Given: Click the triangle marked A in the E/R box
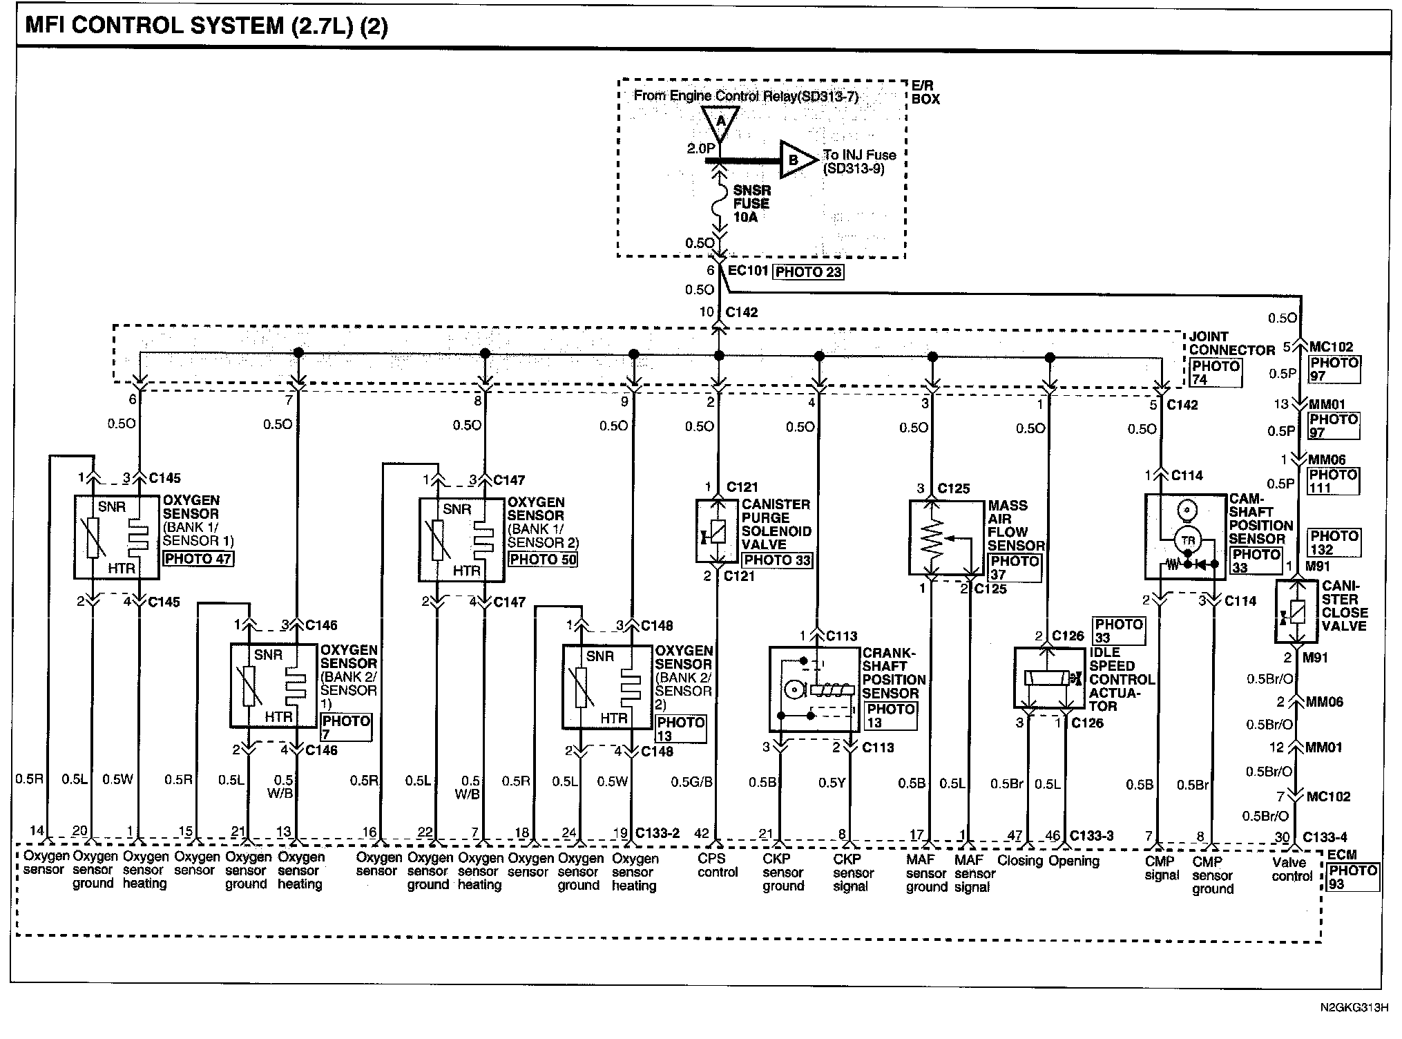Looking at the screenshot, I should coord(720,123).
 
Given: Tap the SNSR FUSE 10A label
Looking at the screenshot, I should coord(751,203).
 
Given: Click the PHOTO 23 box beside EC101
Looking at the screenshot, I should coord(808,271).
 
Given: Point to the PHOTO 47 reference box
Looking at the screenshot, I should coord(198,558).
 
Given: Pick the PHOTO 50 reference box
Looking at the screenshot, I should coord(542,559).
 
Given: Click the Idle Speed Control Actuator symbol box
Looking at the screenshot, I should coord(1048,678).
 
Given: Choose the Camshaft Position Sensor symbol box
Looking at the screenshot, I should coord(1186,536).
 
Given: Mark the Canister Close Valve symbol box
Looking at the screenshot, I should coord(1296,611).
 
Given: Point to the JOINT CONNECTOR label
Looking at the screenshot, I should coord(1231,343).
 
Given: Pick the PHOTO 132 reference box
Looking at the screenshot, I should coord(1334,543).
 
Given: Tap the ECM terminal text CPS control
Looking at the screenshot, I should coord(717,866).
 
